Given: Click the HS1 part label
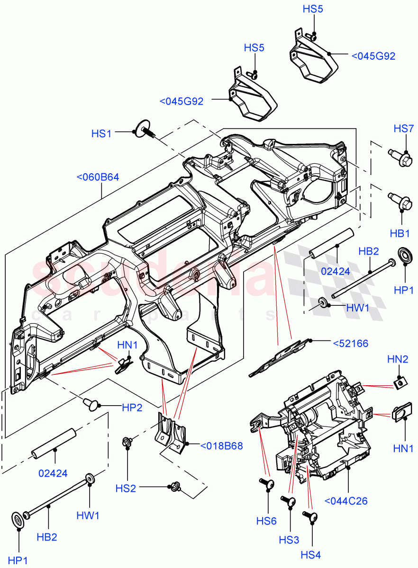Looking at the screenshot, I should (x=101, y=134).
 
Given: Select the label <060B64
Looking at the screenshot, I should (x=98, y=178).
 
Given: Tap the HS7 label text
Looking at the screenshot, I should (x=404, y=129).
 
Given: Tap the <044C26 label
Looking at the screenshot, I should (x=346, y=501).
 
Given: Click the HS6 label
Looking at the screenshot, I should (x=266, y=521).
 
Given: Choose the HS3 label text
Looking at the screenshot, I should (x=289, y=540).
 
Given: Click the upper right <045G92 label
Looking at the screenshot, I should (x=373, y=56).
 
